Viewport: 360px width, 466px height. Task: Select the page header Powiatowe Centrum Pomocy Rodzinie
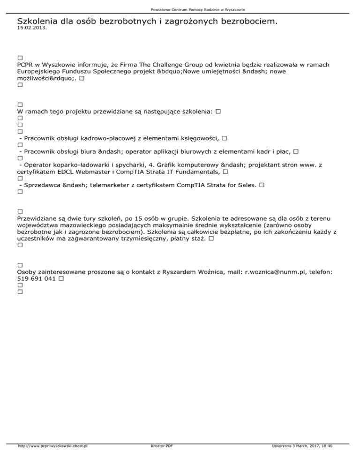tap(180, 9)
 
